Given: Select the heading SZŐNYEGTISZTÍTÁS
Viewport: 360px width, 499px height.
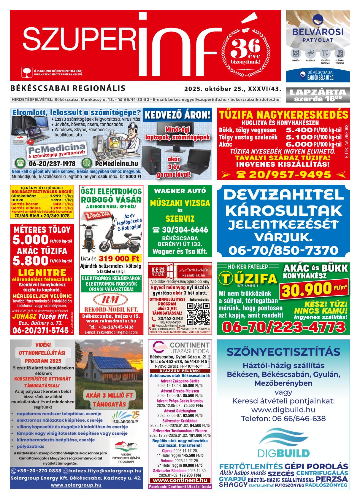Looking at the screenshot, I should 283,352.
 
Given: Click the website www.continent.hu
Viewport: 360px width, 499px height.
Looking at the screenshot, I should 180,480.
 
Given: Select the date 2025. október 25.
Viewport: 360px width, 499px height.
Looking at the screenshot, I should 215,89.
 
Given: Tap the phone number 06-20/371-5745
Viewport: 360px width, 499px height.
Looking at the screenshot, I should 41,330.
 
